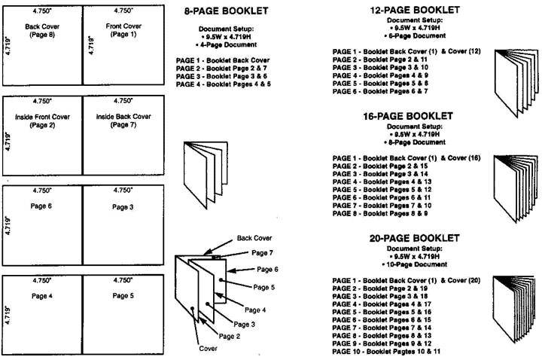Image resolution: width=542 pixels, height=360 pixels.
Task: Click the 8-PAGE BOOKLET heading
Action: [x=227, y=11]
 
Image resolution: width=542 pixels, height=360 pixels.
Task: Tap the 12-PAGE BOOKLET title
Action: [x=415, y=10]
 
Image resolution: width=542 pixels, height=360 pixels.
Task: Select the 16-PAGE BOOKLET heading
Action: [x=408, y=116]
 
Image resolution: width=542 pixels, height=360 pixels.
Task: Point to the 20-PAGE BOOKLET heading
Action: [x=415, y=238]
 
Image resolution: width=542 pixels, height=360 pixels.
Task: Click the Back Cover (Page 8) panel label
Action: [x=42, y=30]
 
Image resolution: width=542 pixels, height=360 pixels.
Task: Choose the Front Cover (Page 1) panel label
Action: [x=123, y=30]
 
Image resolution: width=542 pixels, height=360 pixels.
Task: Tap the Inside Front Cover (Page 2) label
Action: [x=42, y=121]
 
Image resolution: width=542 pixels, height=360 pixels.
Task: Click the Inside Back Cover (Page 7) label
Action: [x=123, y=121]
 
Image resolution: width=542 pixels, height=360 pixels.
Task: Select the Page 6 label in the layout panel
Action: [x=41, y=206]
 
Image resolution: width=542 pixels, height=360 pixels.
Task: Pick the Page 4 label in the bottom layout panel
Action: [x=42, y=296]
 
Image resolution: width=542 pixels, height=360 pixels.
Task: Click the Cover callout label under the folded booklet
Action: [x=208, y=349]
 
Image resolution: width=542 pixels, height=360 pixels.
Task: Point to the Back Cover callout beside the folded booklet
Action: [x=254, y=238]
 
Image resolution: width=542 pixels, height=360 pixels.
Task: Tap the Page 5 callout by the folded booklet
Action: [x=263, y=288]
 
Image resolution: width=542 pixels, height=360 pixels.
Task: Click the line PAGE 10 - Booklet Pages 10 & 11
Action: [x=386, y=352]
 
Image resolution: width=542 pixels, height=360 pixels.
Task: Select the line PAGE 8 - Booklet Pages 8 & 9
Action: [x=380, y=213]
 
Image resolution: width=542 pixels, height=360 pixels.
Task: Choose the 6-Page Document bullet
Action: [x=415, y=35]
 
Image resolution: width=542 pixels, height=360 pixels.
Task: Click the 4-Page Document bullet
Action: [x=226, y=44]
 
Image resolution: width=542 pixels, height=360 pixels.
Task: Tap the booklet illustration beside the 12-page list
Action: [x=516, y=83]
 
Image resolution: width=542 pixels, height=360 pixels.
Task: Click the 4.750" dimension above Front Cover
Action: [x=123, y=11]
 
